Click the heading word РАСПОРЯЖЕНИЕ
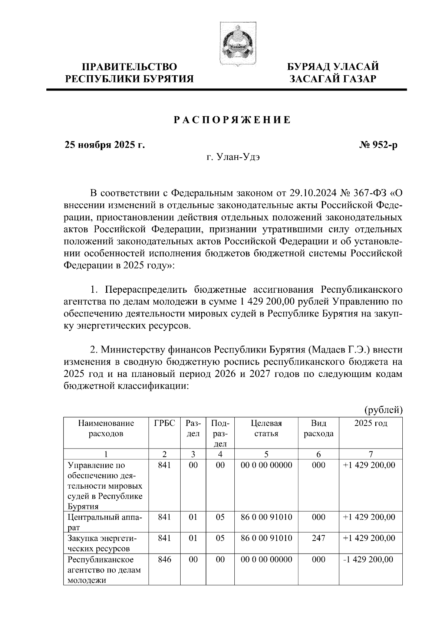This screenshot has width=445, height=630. [x=232, y=120]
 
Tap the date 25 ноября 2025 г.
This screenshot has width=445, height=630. [x=105, y=145]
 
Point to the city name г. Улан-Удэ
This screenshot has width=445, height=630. [x=233, y=157]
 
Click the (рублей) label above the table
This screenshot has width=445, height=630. [x=383, y=410]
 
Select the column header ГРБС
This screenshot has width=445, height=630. [x=164, y=423]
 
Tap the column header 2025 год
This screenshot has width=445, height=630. [x=371, y=423]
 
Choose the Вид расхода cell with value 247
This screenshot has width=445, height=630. [x=318, y=538]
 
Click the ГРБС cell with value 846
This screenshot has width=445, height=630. [x=164, y=559]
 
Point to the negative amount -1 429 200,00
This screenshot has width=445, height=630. [x=369, y=559]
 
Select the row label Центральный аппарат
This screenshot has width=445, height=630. [x=105, y=522]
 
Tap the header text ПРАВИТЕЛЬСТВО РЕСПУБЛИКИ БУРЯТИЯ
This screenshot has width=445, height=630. [x=129, y=73]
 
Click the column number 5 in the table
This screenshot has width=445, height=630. [x=266, y=454]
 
